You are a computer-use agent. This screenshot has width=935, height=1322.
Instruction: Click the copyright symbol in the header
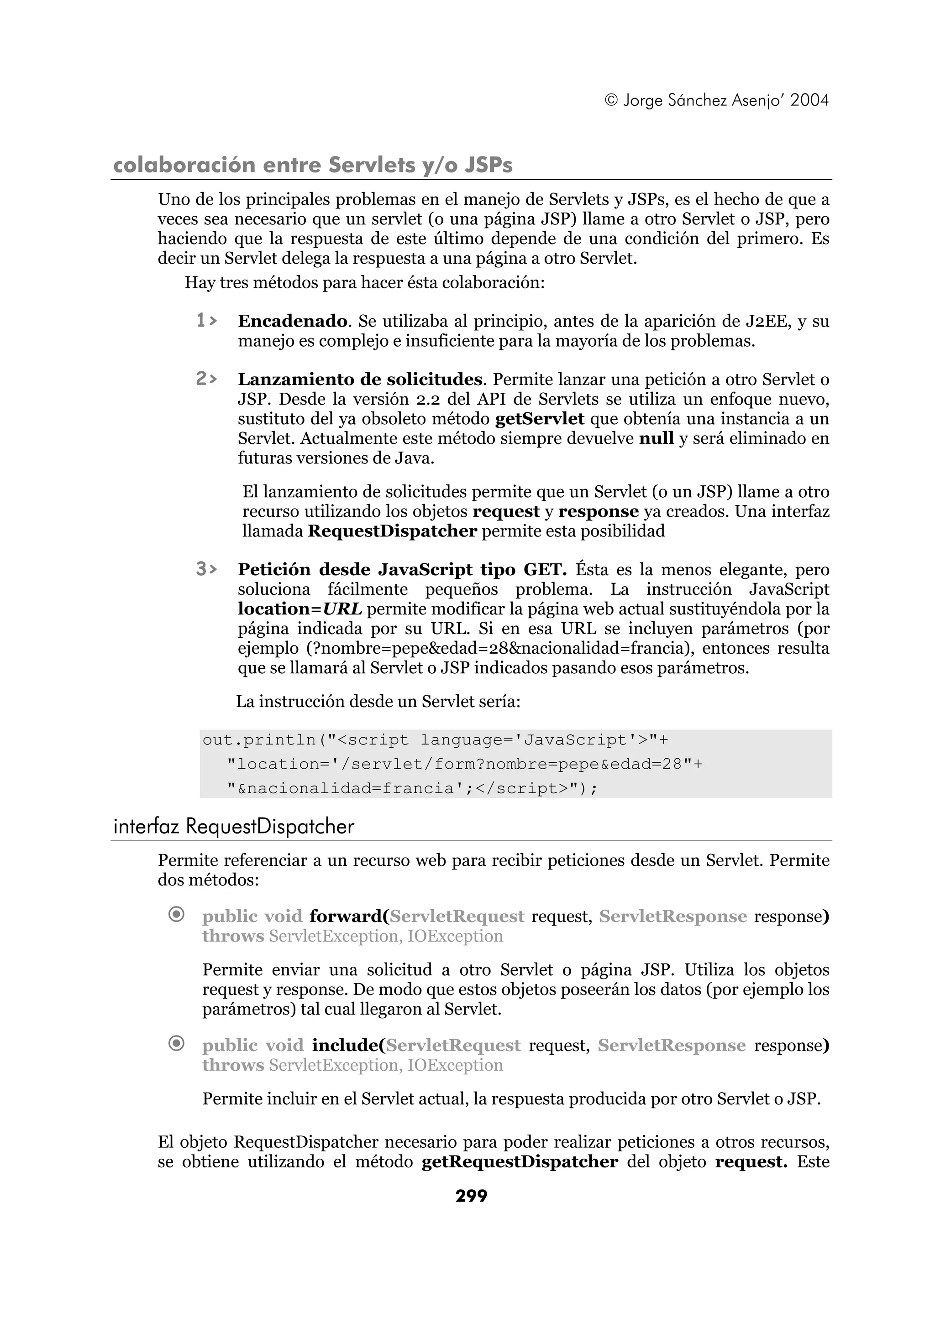[611, 100]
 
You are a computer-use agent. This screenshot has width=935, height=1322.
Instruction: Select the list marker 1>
[206, 320]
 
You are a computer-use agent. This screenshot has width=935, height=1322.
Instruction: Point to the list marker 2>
[206, 379]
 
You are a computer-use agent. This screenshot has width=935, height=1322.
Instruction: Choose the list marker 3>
[206, 569]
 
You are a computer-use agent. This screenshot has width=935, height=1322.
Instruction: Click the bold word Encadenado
[293, 321]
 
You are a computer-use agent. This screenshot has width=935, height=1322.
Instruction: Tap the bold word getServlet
[540, 419]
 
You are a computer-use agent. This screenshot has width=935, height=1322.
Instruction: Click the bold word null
[656, 438]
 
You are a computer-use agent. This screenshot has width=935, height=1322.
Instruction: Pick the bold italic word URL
[343, 609]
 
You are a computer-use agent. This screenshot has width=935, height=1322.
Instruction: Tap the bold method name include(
[348, 1045]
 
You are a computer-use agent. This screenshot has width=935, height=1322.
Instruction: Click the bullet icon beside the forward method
[177, 914]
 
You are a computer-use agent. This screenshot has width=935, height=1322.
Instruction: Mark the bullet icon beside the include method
[177, 1043]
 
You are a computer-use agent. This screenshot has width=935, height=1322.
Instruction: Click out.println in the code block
[259, 740]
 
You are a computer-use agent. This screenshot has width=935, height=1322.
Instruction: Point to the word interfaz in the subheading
[147, 827]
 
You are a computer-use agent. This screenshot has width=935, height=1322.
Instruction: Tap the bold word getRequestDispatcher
[520, 1161]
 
